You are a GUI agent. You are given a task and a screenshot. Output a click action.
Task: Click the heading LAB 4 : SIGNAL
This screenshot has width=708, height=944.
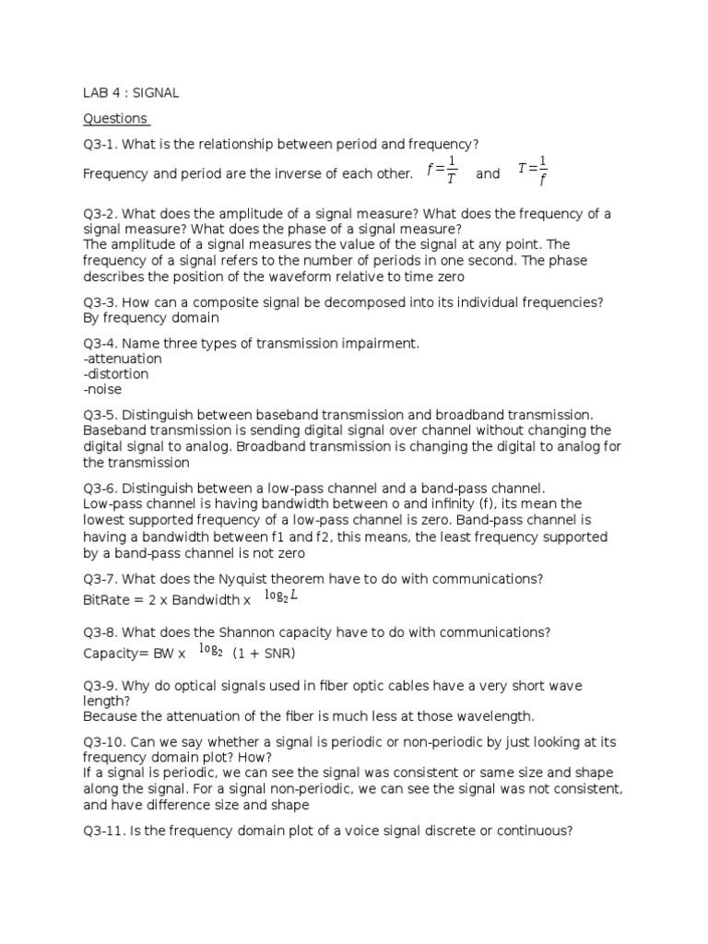(131, 92)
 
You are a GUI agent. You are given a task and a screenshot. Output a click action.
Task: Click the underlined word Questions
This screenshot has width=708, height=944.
(115, 118)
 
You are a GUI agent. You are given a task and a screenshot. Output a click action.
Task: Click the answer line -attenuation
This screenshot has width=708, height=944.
(123, 359)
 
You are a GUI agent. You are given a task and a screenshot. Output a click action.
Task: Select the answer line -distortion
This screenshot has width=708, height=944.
(115, 374)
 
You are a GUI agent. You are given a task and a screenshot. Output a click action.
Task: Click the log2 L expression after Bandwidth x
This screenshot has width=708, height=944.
(281, 597)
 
